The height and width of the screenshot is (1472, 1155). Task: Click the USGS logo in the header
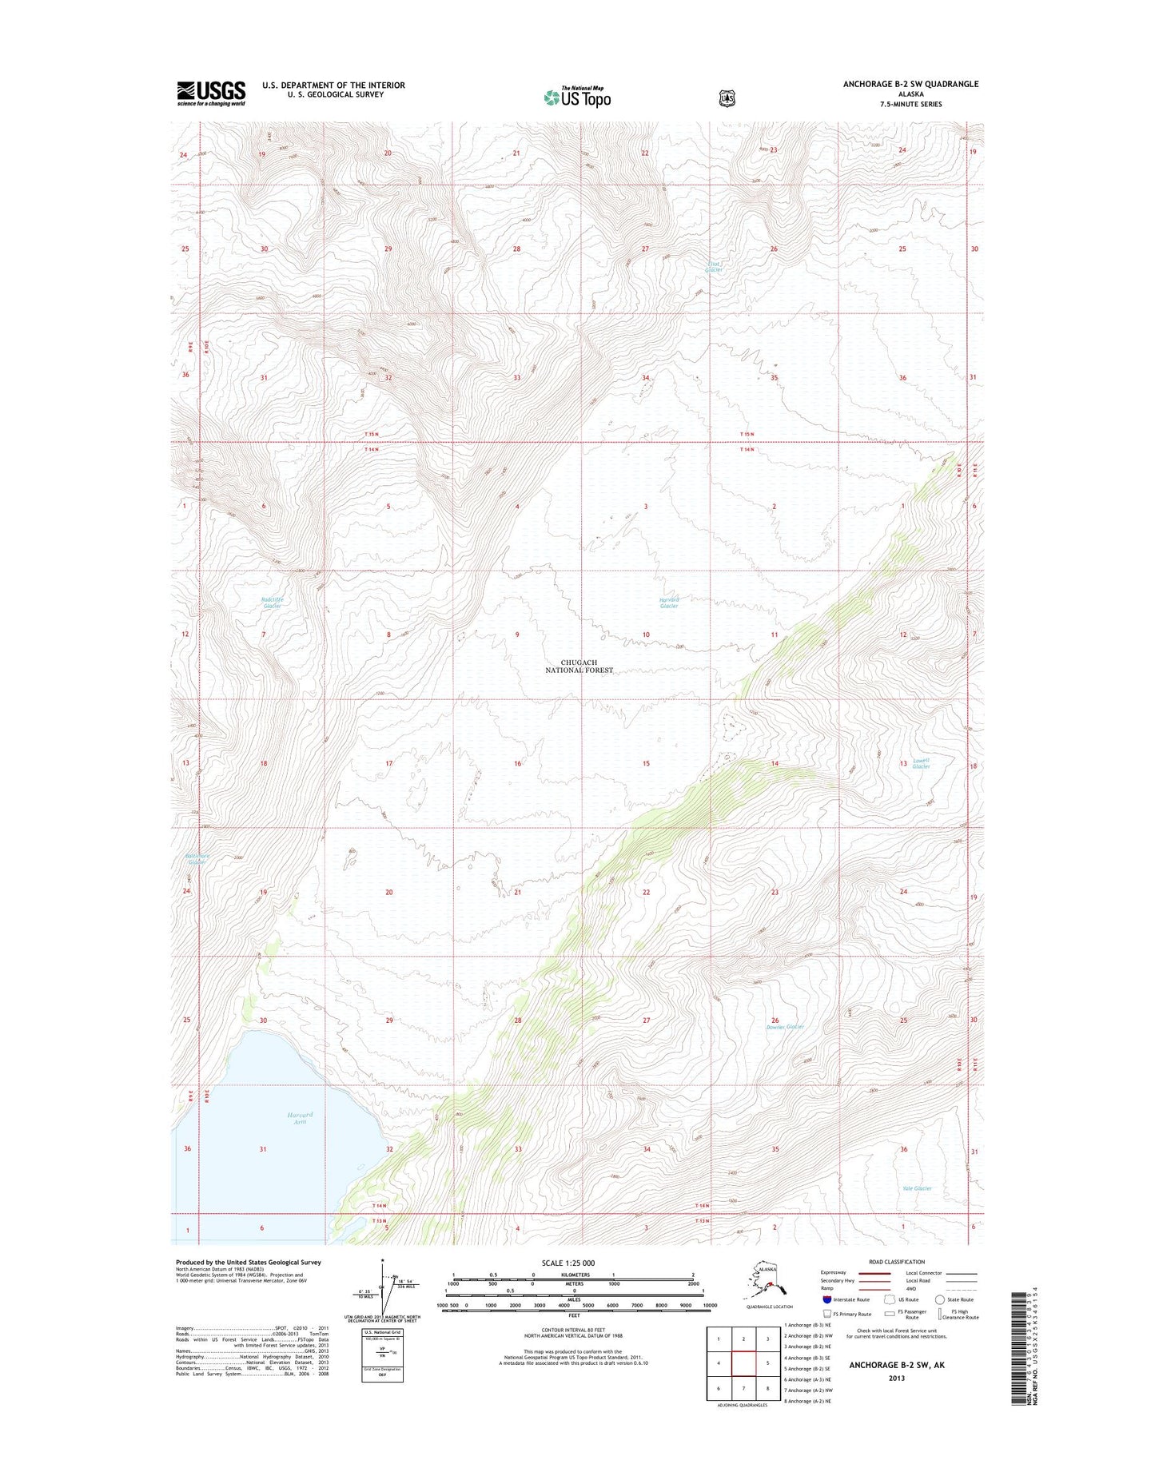(211, 93)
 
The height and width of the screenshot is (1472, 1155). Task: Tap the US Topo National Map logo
(577, 97)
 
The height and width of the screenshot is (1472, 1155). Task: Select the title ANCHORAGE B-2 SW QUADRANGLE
(910, 84)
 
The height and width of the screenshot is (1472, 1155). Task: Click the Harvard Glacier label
(669, 603)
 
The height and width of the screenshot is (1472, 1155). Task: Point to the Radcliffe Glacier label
(272, 603)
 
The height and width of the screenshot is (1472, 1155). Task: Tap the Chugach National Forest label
(579, 666)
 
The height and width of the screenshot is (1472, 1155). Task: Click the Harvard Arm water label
(300, 1118)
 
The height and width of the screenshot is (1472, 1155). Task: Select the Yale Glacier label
(917, 1188)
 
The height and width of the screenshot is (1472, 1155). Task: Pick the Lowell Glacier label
(921, 763)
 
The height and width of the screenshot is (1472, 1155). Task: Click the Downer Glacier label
(784, 1027)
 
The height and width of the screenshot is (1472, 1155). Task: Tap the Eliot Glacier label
(714, 267)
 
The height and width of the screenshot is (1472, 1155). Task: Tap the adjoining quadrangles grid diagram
(743, 1363)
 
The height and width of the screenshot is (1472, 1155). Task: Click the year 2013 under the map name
(896, 1378)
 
